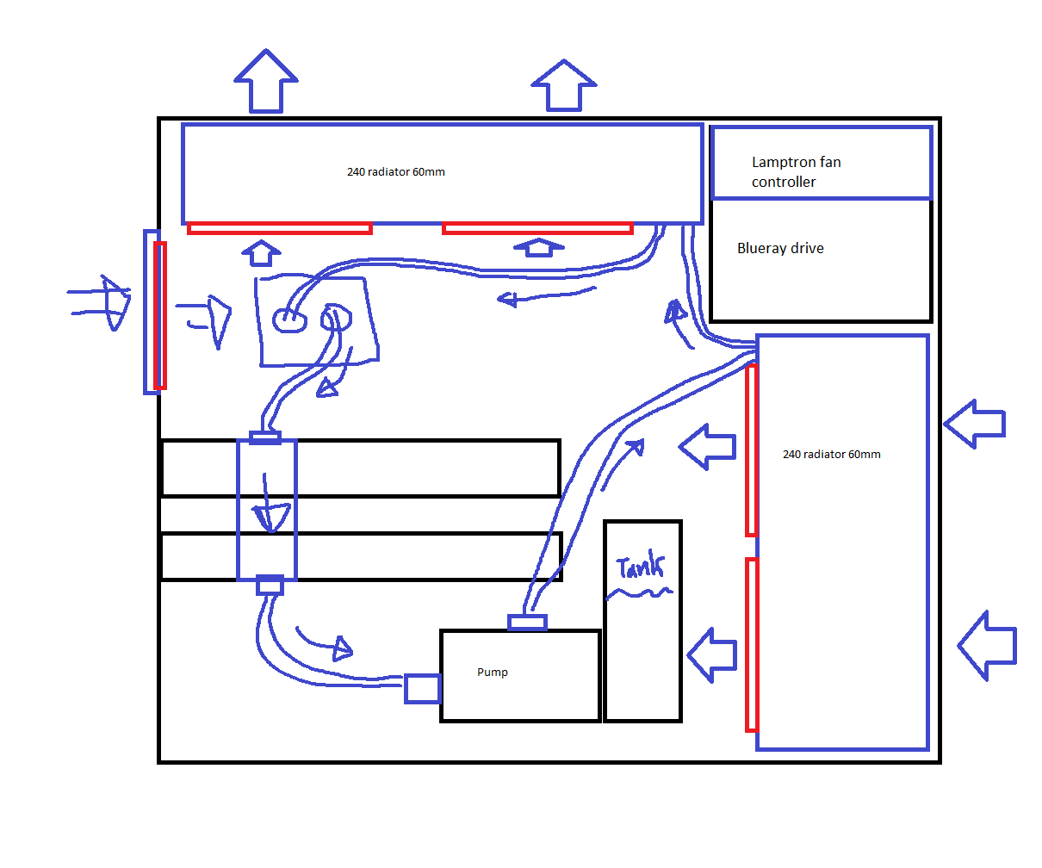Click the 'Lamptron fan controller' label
pyautogui.click(x=796, y=171)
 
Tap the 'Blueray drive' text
pyautogui.click(x=780, y=248)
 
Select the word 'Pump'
pyautogui.click(x=493, y=672)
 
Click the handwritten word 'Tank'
pyautogui.click(x=641, y=568)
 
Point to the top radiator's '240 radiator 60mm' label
pyautogui.click(x=396, y=171)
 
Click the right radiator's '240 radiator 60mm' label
pyautogui.click(x=832, y=454)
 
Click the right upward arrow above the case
pyautogui.click(x=564, y=86)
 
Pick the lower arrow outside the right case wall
pyautogui.click(x=988, y=645)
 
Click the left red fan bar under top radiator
pyautogui.click(x=280, y=228)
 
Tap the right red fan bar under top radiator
pyautogui.click(x=537, y=228)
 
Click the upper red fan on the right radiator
pyautogui.click(x=752, y=449)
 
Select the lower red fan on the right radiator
pyautogui.click(x=752, y=644)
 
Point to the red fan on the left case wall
pyautogui.click(x=159, y=315)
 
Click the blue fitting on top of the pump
pyautogui.click(x=527, y=622)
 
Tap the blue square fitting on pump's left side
pyautogui.click(x=422, y=688)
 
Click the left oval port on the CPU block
pyautogui.click(x=289, y=320)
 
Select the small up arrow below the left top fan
pyautogui.click(x=261, y=253)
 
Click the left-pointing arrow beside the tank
pyautogui.click(x=712, y=654)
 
